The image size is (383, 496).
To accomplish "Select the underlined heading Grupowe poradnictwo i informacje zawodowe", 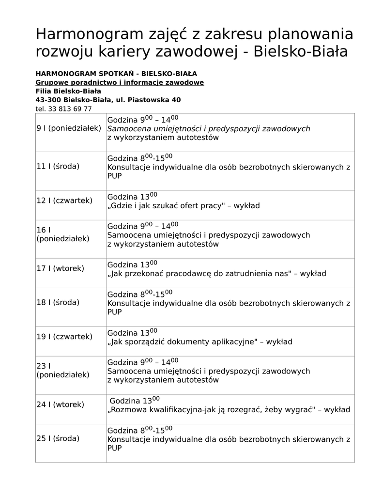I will click(120, 82).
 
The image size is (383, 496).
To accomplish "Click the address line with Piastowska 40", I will click(108, 100).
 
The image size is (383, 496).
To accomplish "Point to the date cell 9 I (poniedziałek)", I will click(69, 128).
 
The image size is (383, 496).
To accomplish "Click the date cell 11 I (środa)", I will click(58, 166).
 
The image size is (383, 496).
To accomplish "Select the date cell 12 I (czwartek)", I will click(64, 200).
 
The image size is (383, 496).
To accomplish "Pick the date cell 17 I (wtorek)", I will click(61, 268).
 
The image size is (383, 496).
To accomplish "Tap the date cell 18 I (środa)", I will click(58, 302).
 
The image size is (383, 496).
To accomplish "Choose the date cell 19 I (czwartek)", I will click(64, 336).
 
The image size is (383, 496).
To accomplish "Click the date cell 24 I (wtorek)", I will click(61, 404).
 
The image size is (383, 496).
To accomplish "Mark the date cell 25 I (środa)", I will click(58, 438).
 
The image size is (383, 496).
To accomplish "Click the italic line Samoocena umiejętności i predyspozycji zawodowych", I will click(208, 129).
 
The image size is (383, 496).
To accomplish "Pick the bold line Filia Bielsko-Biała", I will click(68, 91).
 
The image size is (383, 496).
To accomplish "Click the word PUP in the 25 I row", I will click(115, 449).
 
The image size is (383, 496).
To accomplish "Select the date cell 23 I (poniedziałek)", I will click(63, 370).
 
